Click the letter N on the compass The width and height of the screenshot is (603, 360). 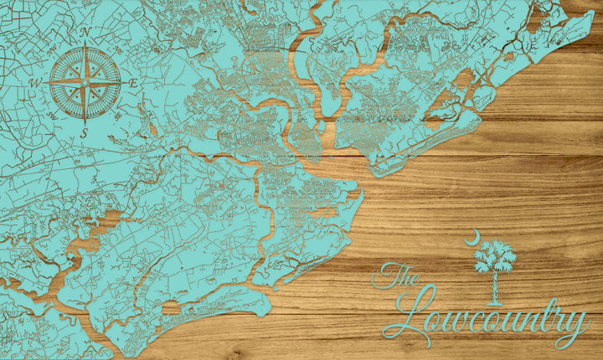pyautogui.click(x=86, y=33)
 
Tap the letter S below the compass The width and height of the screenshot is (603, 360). pyautogui.click(x=85, y=133)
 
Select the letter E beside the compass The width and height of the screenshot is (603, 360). pyautogui.click(x=133, y=82)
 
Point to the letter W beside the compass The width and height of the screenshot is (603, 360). pyautogui.click(x=35, y=83)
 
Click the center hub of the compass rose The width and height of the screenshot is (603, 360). pyautogui.click(x=85, y=82)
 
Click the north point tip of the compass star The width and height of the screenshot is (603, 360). pyautogui.click(x=85, y=46)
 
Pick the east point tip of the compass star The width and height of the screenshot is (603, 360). pyautogui.click(x=121, y=82)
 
